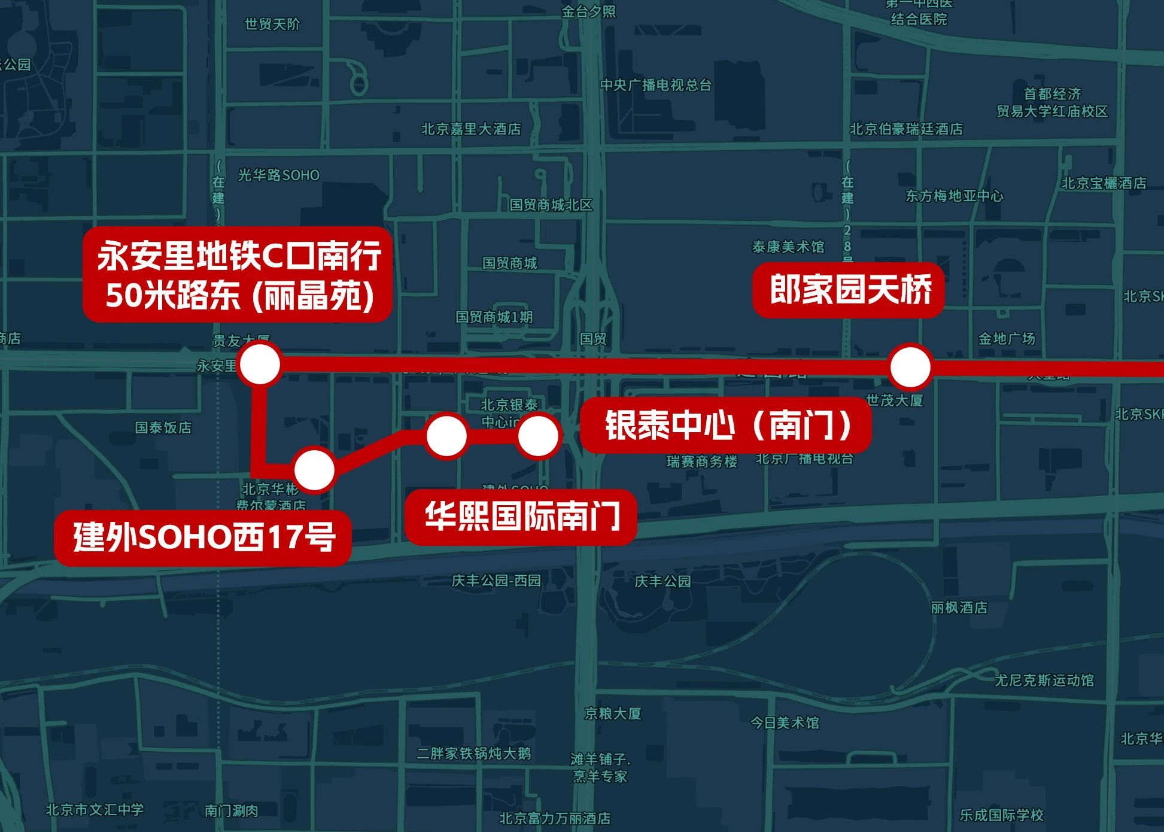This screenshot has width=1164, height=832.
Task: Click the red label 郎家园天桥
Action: [x=849, y=290]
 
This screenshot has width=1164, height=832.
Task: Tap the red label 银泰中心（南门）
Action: [x=726, y=425]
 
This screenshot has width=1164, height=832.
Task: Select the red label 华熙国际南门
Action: [x=521, y=517]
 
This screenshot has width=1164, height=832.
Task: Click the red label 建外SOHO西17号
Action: [x=203, y=537]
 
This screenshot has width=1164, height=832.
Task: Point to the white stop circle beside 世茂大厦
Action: [x=910, y=366]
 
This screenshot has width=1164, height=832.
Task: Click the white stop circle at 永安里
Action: [x=259, y=363]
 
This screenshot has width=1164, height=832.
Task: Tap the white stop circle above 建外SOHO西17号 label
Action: [x=314, y=470]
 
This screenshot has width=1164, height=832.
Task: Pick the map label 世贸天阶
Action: [x=272, y=25]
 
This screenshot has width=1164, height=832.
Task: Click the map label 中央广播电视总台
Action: [x=656, y=85]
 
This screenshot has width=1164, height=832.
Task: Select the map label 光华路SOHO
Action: [x=279, y=175]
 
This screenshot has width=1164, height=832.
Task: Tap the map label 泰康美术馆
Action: [x=788, y=247]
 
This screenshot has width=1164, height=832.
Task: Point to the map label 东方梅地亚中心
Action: [x=954, y=196]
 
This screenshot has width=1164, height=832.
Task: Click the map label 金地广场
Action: [x=1006, y=339]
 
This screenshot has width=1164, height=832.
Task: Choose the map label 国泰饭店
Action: [x=163, y=427]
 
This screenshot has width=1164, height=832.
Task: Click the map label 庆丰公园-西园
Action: [x=496, y=581]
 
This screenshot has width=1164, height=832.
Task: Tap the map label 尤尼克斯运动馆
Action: [x=1044, y=680]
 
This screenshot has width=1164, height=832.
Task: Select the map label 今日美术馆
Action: [x=785, y=722]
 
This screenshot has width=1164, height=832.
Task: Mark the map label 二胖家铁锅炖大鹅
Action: [x=473, y=754]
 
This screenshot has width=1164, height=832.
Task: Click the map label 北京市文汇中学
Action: [x=95, y=810]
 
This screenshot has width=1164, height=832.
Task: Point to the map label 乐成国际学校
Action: [x=1001, y=815]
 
